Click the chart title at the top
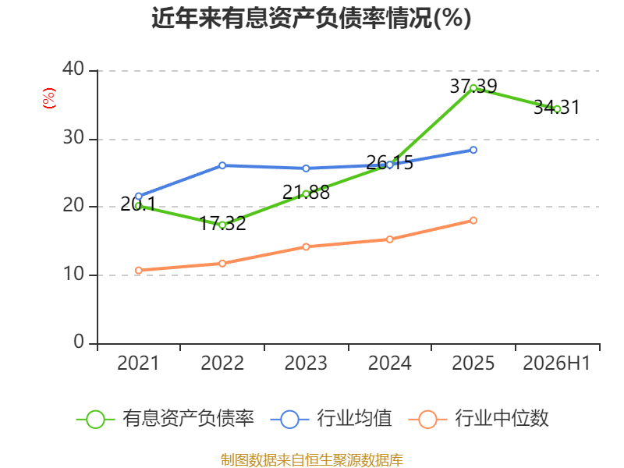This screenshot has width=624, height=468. click(x=311, y=18)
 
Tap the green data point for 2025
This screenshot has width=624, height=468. click(x=473, y=88)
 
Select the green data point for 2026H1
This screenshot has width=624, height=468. click(x=557, y=109)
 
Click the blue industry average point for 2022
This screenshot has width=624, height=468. click(x=222, y=165)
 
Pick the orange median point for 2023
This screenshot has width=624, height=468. click(x=306, y=246)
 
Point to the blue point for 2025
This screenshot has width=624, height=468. click(x=473, y=150)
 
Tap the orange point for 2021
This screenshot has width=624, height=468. click(x=139, y=270)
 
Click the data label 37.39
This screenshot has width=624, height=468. click(x=473, y=86)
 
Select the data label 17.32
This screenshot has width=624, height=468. click(x=222, y=223)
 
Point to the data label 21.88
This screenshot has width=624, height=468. click(x=306, y=192)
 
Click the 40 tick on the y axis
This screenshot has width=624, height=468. click(x=73, y=69)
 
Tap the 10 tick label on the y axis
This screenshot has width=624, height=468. click(x=73, y=274)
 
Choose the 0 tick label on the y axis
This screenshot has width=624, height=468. click(x=79, y=342)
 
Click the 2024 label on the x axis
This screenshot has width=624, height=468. click(x=389, y=363)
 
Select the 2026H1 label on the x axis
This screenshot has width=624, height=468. click(x=556, y=363)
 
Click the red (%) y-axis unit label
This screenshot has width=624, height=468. click(x=49, y=98)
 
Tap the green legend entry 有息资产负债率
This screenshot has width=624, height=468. click(x=165, y=418)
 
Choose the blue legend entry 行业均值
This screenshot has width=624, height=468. click(x=331, y=418)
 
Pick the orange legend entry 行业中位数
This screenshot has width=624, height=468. click(x=478, y=418)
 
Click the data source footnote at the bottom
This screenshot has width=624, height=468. click(x=311, y=460)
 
